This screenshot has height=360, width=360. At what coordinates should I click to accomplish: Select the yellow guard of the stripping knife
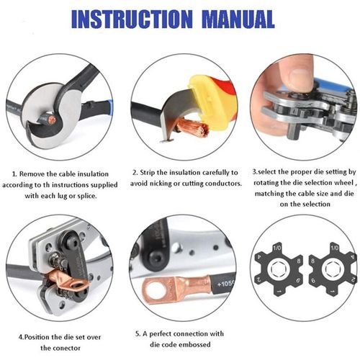(206, 97)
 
